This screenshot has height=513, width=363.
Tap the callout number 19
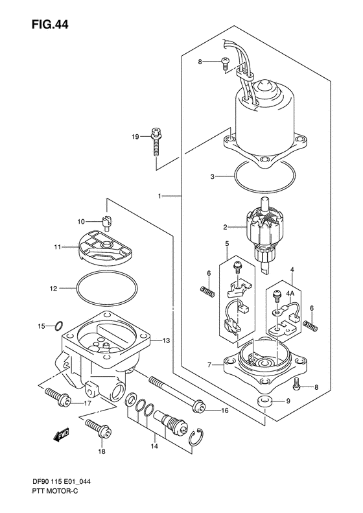[x=135, y=136]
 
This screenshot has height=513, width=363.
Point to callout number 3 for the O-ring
[x=212, y=176]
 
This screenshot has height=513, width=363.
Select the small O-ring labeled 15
[x=58, y=326]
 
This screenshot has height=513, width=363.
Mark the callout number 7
[x=209, y=365]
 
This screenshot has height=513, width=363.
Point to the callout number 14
[x=154, y=447]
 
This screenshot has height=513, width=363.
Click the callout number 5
[x=227, y=244]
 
